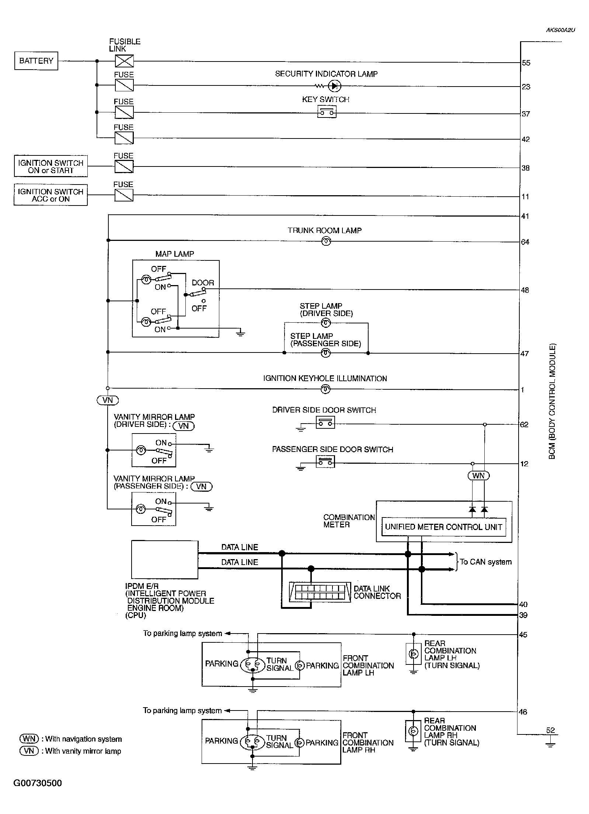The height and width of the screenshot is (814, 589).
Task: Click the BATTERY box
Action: (36, 61)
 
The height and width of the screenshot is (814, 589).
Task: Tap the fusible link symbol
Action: (124, 61)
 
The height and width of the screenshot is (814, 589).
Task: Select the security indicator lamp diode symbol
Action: (334, 86)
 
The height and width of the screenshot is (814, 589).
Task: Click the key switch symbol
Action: (327, 112)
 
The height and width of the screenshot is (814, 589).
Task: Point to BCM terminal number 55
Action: (526, 63)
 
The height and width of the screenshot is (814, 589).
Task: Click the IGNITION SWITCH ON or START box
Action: (51, 166)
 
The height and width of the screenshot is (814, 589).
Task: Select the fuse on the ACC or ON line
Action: (124, 195)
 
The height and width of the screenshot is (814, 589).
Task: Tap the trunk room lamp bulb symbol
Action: (326, 241)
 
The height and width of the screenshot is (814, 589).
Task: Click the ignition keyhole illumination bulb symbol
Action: (325, 389)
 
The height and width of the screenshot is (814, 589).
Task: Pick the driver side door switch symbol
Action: (325, 423)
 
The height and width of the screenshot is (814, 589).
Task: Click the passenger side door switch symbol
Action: (325, 462)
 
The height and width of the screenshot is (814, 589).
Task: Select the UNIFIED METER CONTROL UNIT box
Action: (443, 527)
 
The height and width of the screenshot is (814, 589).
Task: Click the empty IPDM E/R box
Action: (165, 559)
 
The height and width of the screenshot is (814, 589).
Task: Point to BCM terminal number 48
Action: (525, 290)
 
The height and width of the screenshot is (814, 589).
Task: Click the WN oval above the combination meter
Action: (478, 476)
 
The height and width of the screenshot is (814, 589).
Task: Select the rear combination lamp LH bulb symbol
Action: (414, 654)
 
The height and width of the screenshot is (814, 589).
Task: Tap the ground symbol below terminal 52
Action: (550, 744)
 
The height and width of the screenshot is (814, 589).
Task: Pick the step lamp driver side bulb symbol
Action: (326, 323)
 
